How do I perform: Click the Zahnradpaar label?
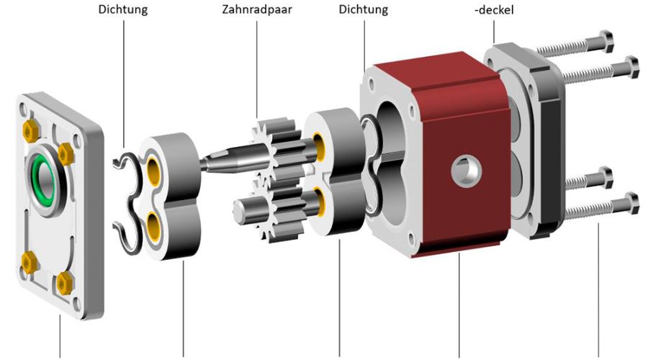[256, 9]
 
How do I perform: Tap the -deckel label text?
[494, 9]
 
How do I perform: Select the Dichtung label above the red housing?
[364, 9]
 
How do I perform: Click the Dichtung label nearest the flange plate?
[122, 9]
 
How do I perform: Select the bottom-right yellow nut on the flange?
[64, 283]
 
